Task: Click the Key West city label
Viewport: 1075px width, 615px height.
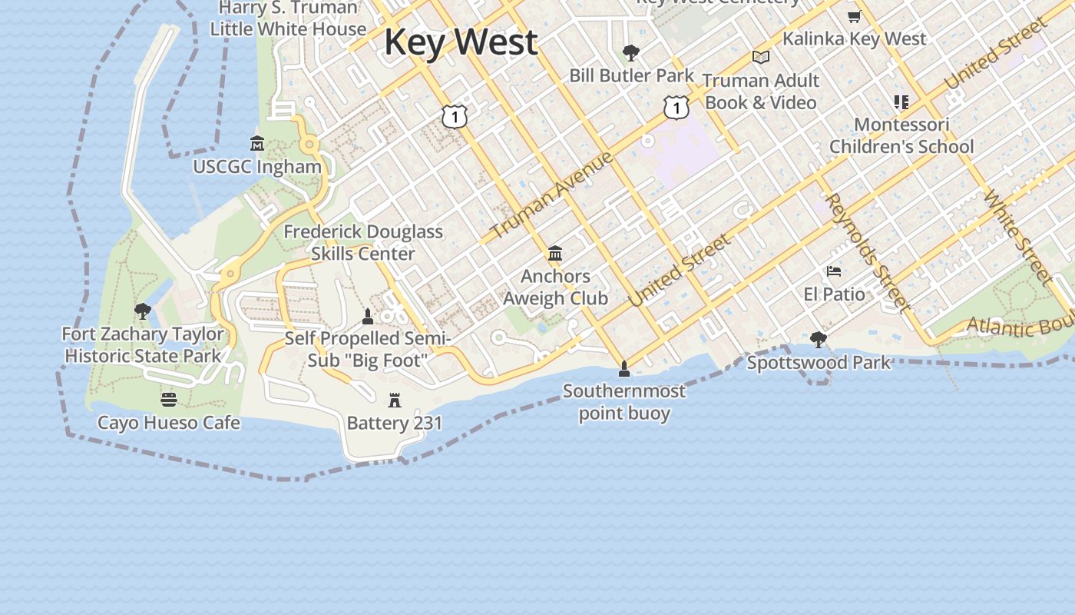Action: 461,42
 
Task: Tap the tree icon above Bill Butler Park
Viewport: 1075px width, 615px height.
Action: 631,52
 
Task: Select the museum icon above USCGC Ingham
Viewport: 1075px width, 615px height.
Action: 257,144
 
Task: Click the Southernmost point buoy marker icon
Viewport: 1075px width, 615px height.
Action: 624,369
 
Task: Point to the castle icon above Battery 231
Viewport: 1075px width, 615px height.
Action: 395,400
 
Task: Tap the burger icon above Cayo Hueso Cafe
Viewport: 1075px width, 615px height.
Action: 169,400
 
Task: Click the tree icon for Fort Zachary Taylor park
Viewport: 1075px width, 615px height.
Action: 142,311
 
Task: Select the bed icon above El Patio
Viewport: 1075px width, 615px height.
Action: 834,271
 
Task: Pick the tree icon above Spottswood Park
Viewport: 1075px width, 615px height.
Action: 819,339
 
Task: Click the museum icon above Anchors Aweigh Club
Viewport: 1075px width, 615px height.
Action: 555,254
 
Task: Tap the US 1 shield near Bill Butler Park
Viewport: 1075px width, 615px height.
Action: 676,108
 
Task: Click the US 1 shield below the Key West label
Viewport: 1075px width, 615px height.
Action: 455,116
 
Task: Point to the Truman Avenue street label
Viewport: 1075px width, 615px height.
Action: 551,194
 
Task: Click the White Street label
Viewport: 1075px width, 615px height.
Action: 1017,236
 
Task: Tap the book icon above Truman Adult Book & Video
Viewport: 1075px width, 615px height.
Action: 761,58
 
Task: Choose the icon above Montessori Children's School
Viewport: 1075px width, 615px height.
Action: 901,102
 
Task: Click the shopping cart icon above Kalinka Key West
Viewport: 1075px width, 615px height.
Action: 854,16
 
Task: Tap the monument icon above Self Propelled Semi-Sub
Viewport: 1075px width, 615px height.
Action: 368,316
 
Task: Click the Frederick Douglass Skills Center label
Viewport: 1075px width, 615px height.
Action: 363,242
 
